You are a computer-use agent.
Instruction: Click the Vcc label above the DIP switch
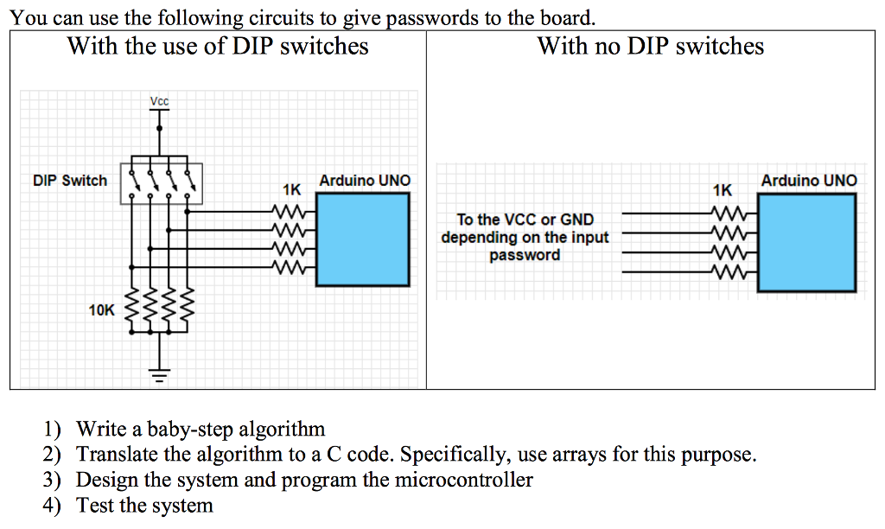click(x=159, y=102)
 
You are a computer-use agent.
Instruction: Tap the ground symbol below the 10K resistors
click(x=159, y=373)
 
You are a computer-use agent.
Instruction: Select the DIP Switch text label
click(x=70, y=181)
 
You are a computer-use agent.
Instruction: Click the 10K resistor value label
click(x=101, y=309)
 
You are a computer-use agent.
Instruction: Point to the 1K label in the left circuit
click(x=291, y=188)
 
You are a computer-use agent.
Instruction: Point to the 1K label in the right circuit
click(x=722, y=188)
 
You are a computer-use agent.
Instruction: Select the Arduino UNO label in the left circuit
click(x=365, y=181)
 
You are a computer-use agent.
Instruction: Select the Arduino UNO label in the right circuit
click(x=809, y=181)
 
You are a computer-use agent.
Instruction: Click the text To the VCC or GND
click(x=525, y=220)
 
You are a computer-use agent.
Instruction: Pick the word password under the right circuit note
click(x=525, y=255)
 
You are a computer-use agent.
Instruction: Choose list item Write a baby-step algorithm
click(x=201, y=429)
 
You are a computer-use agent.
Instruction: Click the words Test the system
click(x=144, y=505)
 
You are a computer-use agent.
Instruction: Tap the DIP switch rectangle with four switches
click(x=161, y=183)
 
